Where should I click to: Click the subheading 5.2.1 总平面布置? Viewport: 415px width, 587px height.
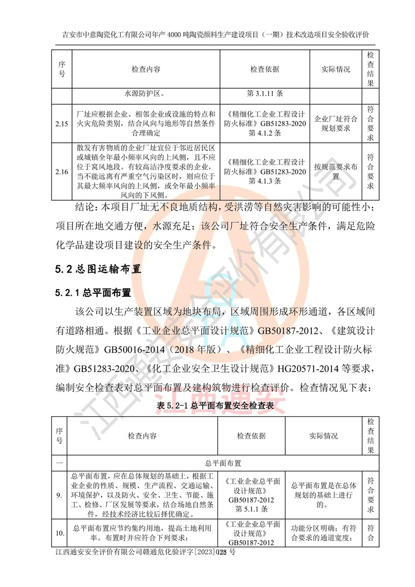[x=93, y=294]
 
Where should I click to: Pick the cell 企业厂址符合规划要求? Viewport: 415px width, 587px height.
[x=336, y=125]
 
